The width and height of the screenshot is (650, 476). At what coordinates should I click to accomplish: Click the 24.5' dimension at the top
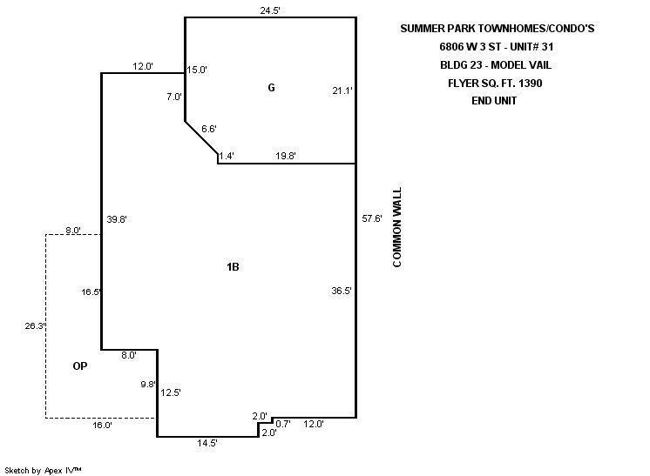click(x=270, y=10)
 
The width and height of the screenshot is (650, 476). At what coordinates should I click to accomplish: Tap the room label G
click(x=272, y=87)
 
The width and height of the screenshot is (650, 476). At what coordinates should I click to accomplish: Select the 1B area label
click(x=233, y=267)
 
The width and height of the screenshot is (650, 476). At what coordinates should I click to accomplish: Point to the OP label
click(x=80, y=367)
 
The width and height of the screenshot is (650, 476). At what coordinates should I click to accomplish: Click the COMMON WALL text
click(x=397, y=226)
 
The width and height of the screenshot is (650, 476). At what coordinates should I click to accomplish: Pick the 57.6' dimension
click(x=372, y=218)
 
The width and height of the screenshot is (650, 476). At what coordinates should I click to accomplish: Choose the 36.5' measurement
click(x=342, y=291)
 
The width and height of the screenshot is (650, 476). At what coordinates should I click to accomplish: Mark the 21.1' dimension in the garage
click(x=342, y=90)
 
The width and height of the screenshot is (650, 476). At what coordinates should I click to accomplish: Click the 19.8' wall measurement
click(x=286, y=156)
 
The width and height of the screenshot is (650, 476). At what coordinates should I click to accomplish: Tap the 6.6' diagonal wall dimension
click(x=209, y=129)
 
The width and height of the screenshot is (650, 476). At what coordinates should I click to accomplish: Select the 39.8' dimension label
click(x=116, y=219)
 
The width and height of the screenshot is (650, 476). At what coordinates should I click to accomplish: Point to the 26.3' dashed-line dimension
click(x=35, y=326)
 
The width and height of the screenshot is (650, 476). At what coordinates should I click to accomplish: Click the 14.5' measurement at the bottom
click(x=207, y=443)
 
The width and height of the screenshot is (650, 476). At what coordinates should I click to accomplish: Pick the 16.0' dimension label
click(x=102, y=426)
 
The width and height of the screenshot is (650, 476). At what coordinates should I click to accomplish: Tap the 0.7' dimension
click(x=282, y=423)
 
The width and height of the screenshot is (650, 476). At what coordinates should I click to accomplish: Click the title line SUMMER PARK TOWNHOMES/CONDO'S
click(x=496, y=29)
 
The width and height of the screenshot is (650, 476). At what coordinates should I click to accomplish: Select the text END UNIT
click(x=496, y=101)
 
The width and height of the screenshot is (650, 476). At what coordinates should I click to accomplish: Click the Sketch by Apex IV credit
click(x=44, y=470)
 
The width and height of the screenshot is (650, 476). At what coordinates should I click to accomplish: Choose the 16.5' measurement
click(x=91, y=292)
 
